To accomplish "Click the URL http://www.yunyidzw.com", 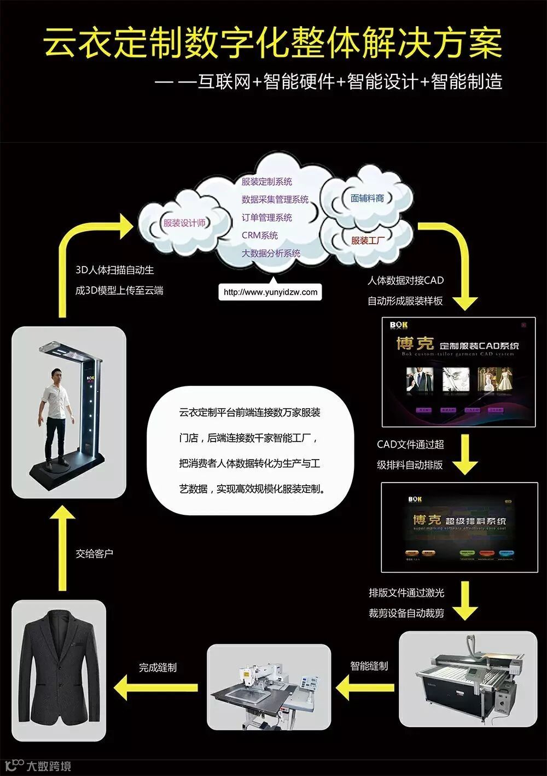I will click(270, 292).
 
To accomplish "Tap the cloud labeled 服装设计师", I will click(184, 223).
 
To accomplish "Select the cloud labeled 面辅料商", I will click(367, 198).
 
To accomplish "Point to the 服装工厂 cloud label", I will click(368, 240).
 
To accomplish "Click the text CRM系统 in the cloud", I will click(260, 236).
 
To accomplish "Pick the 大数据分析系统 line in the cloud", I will click(271, 254).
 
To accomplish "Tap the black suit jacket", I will click(58, 671).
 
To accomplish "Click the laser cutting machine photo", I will click(468, 678).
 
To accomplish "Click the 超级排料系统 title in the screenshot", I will click(459, 521).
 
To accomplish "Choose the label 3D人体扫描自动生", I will click(114, 270).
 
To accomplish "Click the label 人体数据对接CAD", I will click(405, 280).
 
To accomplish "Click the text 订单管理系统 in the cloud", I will click(266, 217).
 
